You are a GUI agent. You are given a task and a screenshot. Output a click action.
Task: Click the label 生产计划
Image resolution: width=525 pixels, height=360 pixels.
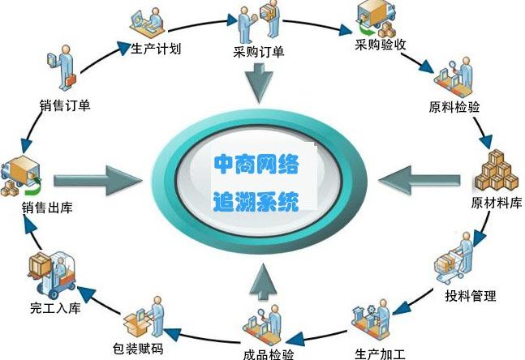(156, 49)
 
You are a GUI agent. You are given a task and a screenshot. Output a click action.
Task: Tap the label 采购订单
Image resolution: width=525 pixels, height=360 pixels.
(259, 52)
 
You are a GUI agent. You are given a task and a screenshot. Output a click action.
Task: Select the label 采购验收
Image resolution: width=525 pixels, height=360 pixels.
(381, 44)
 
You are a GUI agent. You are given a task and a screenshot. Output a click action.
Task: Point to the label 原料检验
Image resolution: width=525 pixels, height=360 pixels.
(454, 107)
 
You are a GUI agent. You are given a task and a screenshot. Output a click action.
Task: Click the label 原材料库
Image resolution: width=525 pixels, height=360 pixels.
(497, 203)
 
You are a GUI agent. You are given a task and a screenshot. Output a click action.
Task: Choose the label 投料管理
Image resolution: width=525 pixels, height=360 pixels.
(471, 296)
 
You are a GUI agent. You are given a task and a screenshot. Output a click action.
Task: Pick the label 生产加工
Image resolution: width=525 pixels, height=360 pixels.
(380, 354)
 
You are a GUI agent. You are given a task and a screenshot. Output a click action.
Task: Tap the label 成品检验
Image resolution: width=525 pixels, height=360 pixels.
(269, 354)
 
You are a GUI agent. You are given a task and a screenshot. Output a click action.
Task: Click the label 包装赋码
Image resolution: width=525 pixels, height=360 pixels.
(138, 349)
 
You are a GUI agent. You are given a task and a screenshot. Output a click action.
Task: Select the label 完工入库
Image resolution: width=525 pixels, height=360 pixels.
(55, 308)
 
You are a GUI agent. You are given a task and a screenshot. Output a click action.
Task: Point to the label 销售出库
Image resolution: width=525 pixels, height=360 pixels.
(47, 208)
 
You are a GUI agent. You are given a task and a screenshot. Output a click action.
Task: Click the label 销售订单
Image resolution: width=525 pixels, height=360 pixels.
(65, 105)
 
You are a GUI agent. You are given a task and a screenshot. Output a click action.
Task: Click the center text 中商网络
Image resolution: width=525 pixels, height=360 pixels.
(256, 165)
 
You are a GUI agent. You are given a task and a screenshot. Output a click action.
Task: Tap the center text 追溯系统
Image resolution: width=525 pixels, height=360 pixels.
(256, 201)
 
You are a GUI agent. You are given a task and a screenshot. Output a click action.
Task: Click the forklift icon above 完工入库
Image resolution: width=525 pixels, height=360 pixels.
(52, 274)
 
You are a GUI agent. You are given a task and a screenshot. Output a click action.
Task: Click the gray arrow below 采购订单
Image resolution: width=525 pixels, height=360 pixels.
(259, 83)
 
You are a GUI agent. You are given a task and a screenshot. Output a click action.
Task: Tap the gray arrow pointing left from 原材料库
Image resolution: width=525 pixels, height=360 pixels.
(420, 180)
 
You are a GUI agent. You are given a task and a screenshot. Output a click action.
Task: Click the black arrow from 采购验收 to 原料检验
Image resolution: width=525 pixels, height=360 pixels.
(418, 63)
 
